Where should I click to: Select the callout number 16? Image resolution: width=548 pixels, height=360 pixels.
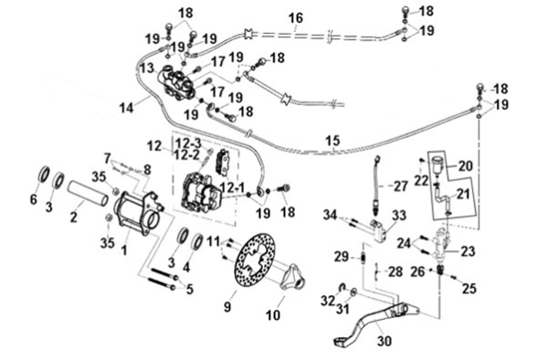point(296,18)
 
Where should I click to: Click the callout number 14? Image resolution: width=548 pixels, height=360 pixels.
point(127,107)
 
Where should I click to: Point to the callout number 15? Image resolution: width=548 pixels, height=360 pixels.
point(332,141)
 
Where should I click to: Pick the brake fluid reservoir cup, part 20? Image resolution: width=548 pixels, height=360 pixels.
point(437,164)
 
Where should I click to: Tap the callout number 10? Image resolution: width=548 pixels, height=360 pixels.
point(273,315)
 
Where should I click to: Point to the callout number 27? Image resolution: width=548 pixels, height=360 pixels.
point(401,186)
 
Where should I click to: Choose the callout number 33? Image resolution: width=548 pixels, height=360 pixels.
point(398,216)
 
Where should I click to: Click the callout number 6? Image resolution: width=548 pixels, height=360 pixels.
point(33,199)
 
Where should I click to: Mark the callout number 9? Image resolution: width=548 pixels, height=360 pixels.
point(227,307)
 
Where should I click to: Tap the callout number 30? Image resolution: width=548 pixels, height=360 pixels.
point(385,341)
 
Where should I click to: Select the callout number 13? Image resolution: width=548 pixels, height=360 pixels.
point(147,67)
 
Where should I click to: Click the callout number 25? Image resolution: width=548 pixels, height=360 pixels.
point(469,289)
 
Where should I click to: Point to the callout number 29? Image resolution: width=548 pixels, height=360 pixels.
point(341,257)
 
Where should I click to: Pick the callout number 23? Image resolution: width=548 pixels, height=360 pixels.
point(468,251)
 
